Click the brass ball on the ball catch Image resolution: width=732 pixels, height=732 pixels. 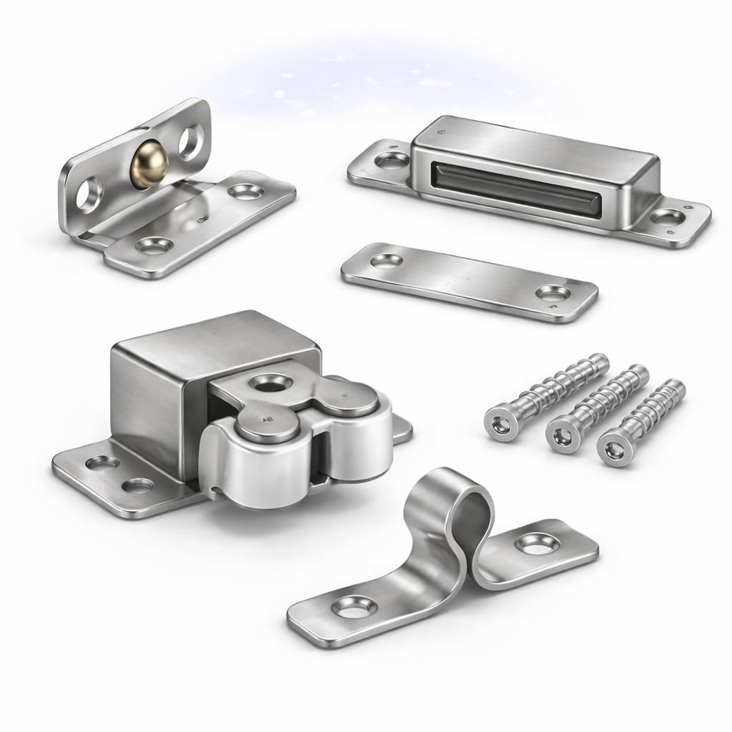point(146,164)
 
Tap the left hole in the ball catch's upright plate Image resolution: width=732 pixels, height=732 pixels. point(90,192)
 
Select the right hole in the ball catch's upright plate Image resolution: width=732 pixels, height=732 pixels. point(190,141)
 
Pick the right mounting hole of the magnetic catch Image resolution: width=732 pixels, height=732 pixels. point(668,217)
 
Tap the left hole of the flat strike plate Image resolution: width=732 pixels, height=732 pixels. point(386,261)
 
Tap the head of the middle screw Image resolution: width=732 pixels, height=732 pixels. point(563,436)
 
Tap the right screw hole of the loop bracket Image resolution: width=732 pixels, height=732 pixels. point(534,543)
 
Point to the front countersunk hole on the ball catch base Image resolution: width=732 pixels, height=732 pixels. point(154,245)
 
